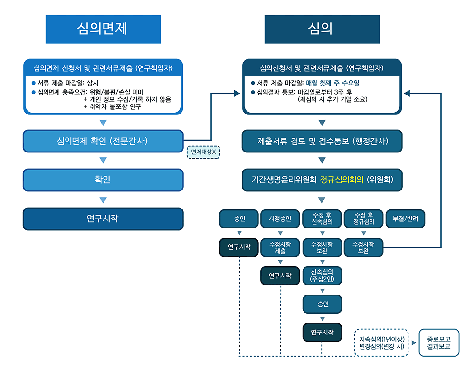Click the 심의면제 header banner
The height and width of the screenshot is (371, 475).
103,29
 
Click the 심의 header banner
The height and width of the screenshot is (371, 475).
322,29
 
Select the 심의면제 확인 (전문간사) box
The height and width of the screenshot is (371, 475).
103,141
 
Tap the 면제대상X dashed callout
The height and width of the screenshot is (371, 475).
203,152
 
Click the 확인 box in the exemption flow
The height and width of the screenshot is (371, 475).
103,180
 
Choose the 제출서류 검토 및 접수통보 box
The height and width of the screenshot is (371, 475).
322,141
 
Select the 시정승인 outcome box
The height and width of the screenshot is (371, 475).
280,219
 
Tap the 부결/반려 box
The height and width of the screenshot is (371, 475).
405,219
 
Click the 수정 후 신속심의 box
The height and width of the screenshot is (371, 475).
322,219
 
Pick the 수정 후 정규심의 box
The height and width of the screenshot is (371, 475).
363,219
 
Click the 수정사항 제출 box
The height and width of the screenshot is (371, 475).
280,247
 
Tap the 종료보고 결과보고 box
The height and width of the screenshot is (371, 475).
439,343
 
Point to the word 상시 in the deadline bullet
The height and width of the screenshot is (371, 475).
93,83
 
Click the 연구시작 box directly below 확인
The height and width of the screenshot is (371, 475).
103,219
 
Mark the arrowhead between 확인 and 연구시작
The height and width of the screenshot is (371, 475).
103,200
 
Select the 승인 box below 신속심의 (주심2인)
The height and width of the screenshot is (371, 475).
322,304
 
